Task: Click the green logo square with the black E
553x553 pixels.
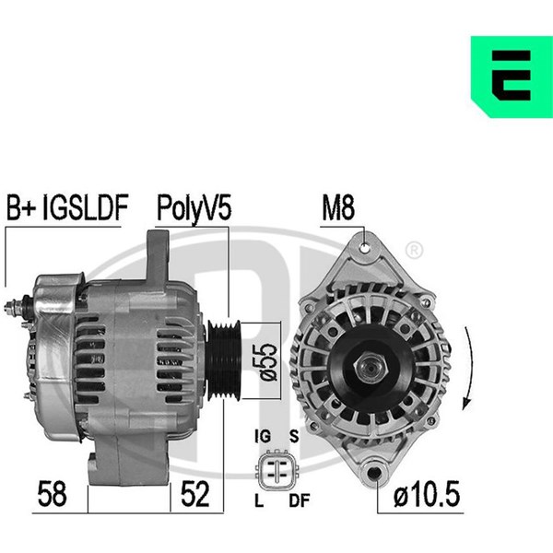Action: pos(512,76)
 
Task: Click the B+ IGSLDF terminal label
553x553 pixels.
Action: pos(67,207)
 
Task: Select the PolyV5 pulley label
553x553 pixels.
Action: pos(194,208)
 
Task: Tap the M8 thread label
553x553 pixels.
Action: pos(338,207)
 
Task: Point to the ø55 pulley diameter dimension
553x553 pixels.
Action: pos(268,361)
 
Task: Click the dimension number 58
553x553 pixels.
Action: pos(52,494)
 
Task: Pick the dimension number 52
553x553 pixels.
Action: pos(195,494)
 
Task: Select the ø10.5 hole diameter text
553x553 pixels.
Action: pos(427,494)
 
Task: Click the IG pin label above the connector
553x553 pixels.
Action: pos(263,437)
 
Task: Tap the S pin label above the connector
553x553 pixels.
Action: pos(294,437)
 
